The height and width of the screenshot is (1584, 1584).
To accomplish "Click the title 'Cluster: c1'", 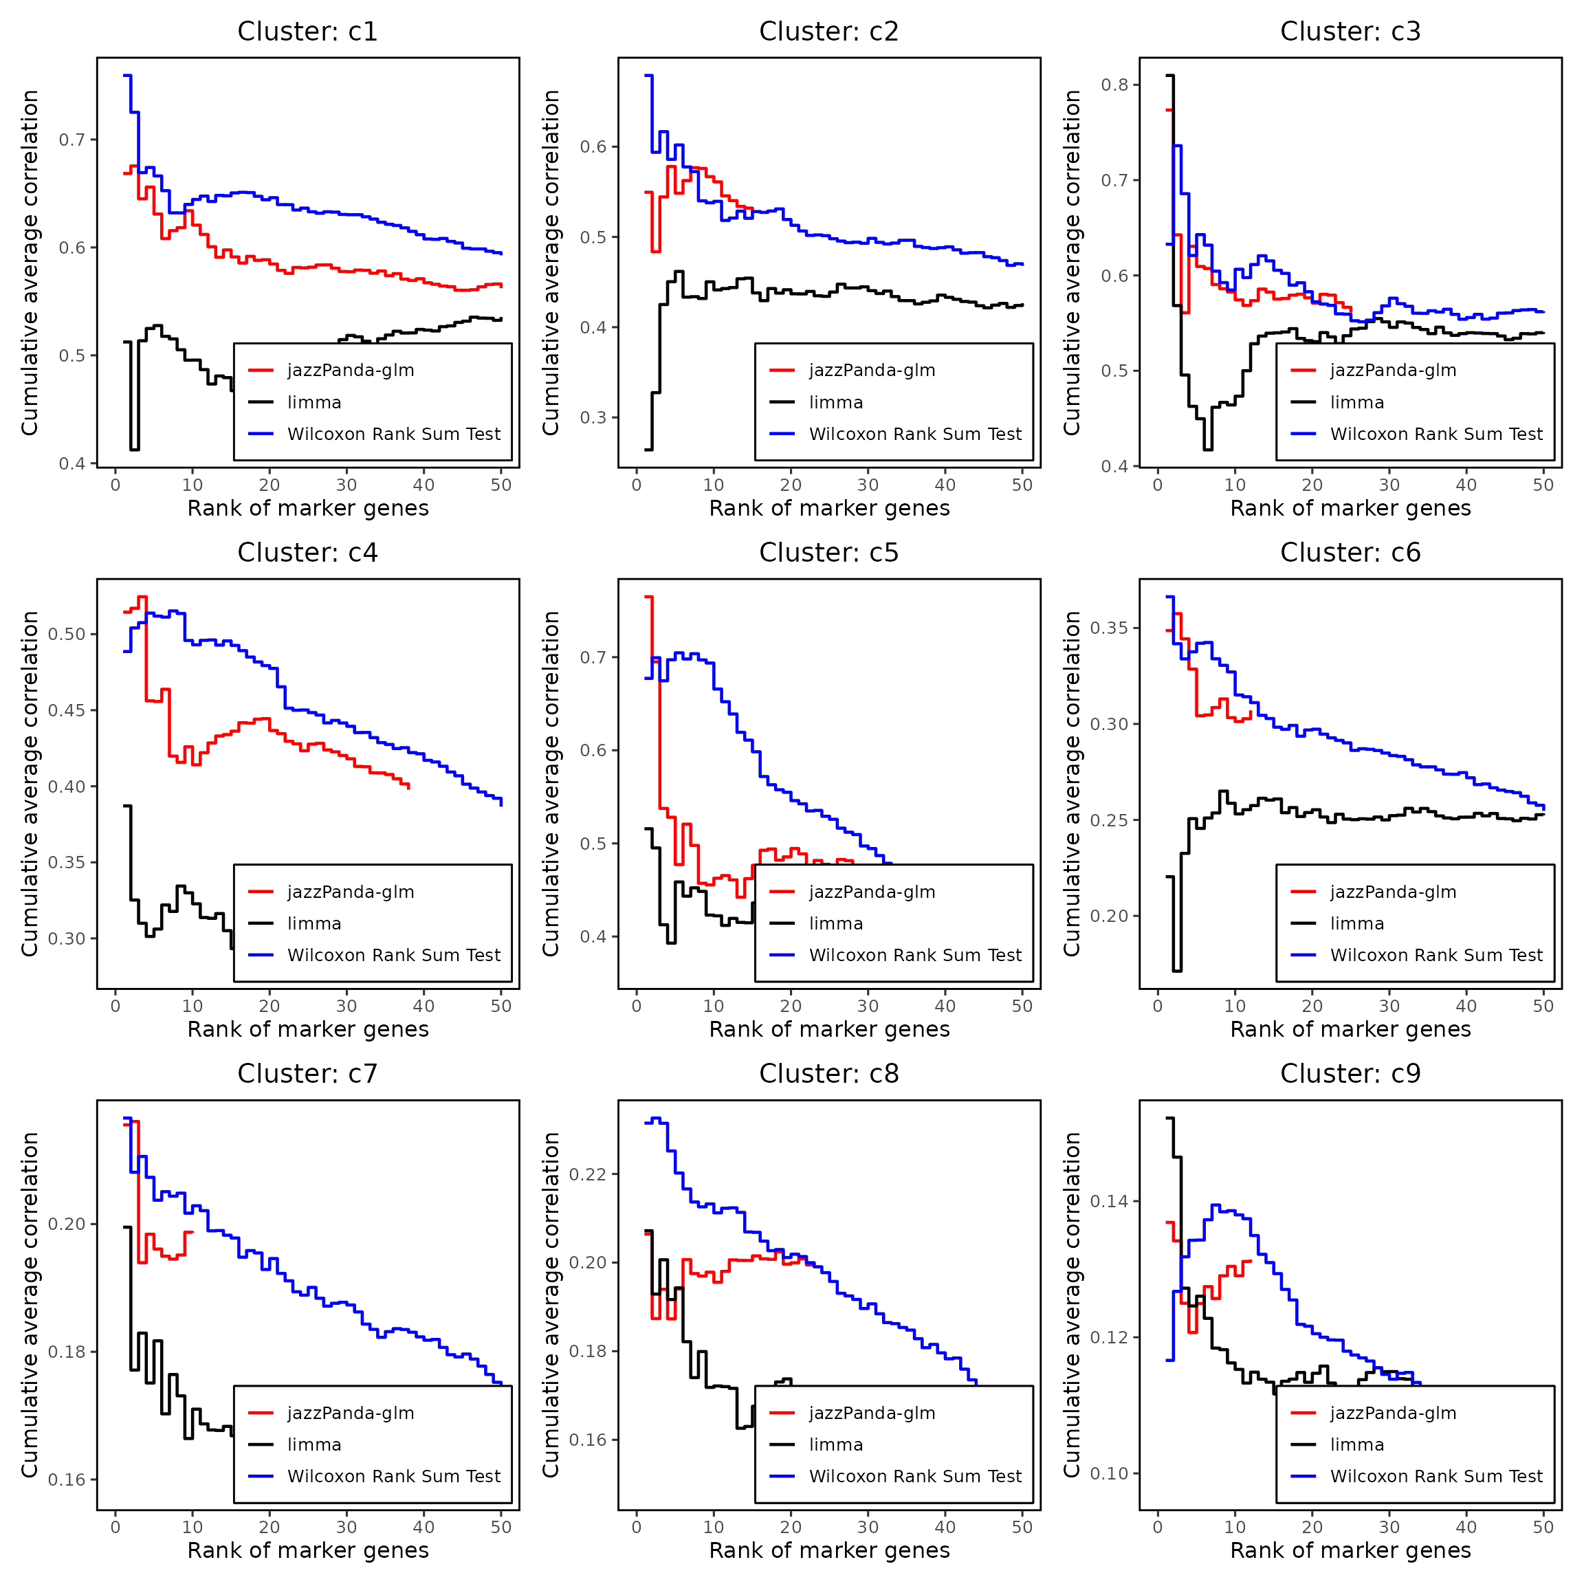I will point(307,32).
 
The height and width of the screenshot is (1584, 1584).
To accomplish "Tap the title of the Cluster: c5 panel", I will point(829,553).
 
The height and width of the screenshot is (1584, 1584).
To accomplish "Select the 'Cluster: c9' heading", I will point(1350,1073).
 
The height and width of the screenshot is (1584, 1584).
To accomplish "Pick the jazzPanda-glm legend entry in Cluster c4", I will point(350,892).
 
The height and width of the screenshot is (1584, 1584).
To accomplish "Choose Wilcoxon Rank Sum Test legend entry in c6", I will point(1435,955).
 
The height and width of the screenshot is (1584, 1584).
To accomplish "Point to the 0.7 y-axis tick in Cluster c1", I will point(72,140).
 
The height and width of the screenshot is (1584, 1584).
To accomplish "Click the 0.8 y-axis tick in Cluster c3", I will point(1114,85).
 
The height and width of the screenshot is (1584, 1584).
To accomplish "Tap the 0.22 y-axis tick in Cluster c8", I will point(588,1174).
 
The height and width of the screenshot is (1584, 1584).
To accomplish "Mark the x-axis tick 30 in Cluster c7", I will point(346,1527).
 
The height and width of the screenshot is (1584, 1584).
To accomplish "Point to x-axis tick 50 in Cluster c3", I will point(1543,485).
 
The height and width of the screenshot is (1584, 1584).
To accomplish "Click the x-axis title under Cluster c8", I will point(829,1550).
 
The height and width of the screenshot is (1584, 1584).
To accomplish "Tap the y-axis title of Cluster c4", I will point(30,784).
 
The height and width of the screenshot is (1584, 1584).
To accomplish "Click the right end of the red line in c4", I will point(408,788).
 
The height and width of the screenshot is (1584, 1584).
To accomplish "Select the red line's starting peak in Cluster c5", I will point(648,597).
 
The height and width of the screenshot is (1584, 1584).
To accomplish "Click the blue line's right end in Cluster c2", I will point(1022,264).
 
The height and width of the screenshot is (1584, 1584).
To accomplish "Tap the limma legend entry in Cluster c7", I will point(314,1444).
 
